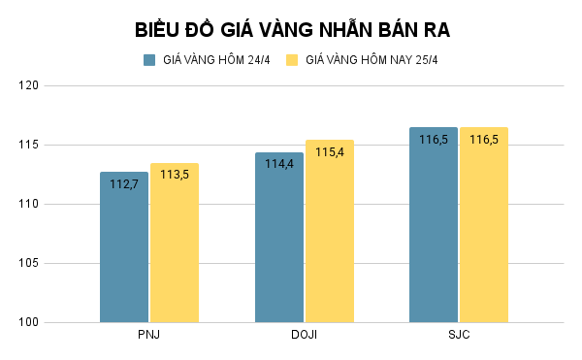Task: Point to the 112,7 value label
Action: click(124, 183)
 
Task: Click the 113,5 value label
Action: click(175, 175)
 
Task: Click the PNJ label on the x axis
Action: click(148, 335)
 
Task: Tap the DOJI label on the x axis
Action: click(304, 335)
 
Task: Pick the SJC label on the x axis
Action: click(459, 335)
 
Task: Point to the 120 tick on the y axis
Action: click(27, 86)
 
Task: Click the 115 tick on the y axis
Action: click(27, 146)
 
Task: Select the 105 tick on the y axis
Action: click(27, 263)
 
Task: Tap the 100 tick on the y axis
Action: click(27, 322)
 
